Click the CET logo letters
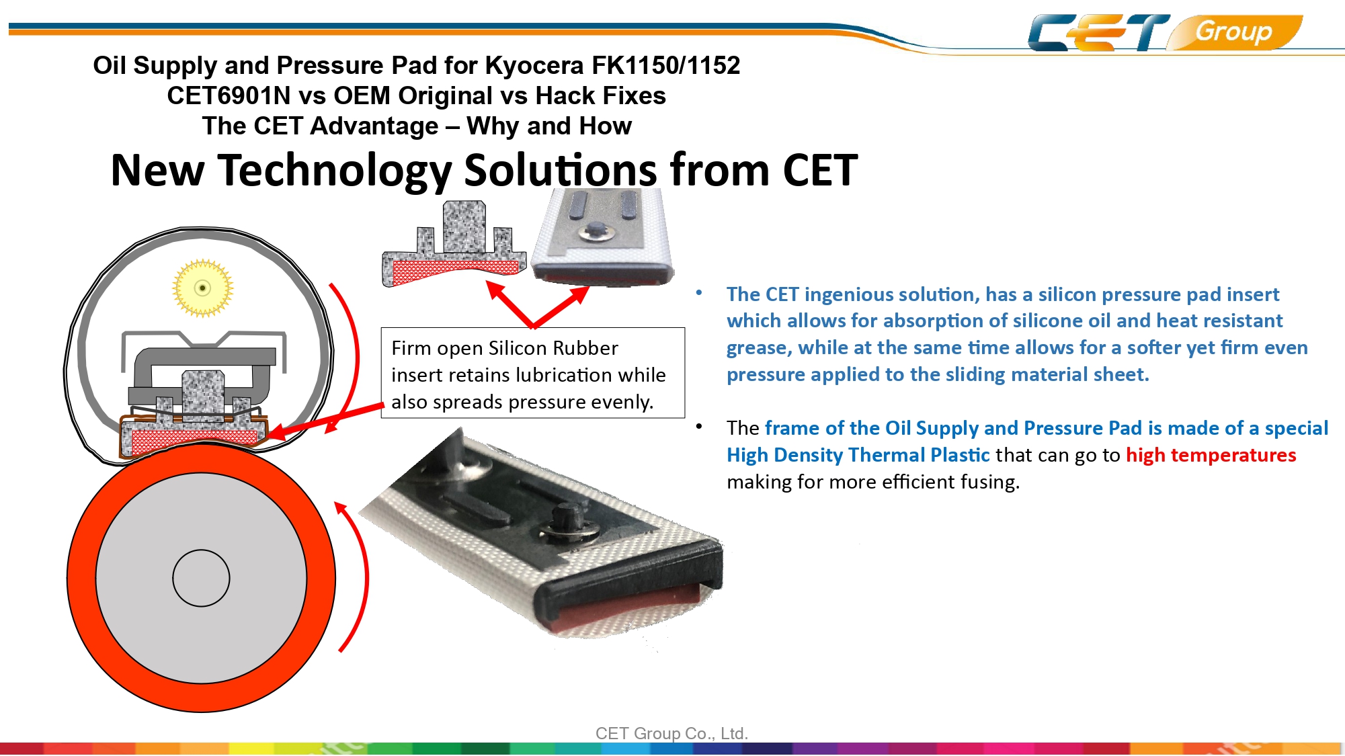1098,32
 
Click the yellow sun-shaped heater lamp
202,288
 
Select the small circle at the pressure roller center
201,578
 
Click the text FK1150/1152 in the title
665,65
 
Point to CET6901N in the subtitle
229,95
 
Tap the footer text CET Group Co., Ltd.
671,733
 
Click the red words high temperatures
1211,455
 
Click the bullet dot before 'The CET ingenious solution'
699,292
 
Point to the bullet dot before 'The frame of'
699,426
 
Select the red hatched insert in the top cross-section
456,267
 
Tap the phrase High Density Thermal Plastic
858,455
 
